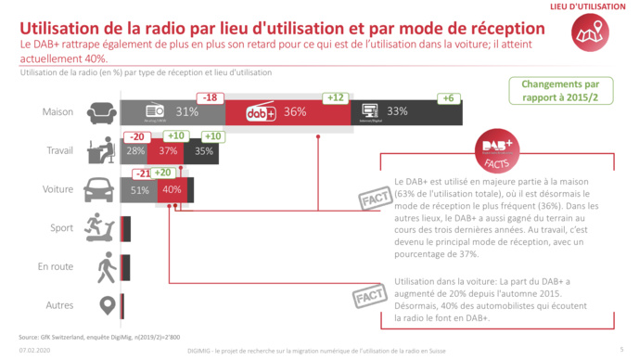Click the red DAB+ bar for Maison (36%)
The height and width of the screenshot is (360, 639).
[288, 112]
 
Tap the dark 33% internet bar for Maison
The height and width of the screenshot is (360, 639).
[408, 112]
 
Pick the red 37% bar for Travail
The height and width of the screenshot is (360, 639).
[169, 150]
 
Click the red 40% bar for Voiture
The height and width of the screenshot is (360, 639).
[172, 189]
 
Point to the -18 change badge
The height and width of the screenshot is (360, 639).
[211, 97]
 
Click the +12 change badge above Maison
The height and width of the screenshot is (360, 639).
[335, 97]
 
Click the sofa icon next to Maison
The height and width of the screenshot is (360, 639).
[101, 112]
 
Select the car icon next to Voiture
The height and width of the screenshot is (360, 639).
[101, 188]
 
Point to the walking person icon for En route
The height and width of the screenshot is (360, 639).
[106, 266]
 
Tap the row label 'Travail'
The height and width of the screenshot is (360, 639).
[59, 150]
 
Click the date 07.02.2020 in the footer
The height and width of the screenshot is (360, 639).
[34, 352]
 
